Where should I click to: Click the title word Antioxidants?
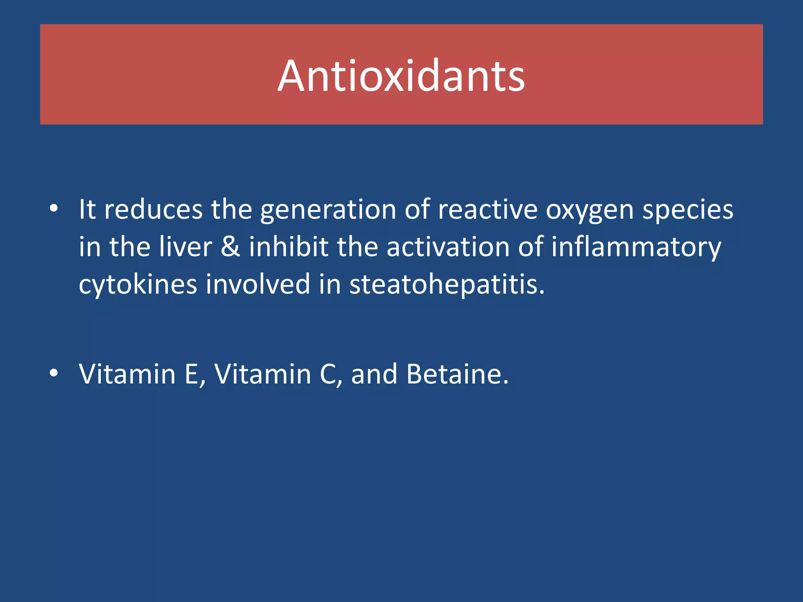401,76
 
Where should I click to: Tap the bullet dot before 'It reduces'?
54,209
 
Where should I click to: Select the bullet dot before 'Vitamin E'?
54,373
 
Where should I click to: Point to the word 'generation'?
328,210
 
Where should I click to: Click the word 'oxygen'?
590,211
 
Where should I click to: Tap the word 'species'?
688,211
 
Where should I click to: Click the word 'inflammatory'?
636,248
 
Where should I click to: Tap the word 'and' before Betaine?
374,374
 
